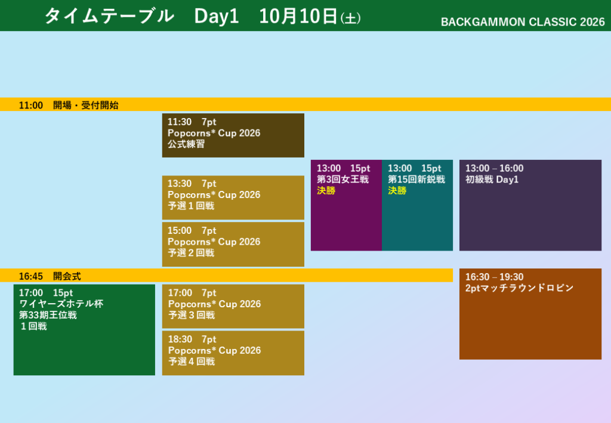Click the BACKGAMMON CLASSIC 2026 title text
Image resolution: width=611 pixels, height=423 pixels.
tap(523, 22)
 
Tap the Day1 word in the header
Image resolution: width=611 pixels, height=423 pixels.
tap(216, 16)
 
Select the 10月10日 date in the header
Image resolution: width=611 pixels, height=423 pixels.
tap(298, 16)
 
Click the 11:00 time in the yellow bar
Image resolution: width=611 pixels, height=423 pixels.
tap(31, 105)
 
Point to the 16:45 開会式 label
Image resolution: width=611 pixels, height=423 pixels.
tap(50, 276)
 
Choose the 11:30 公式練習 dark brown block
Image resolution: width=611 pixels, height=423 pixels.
tap(233, 135)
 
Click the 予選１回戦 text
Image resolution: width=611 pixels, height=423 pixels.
tap(191, 206)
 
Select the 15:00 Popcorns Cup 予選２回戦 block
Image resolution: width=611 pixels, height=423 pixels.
tap(233, 244)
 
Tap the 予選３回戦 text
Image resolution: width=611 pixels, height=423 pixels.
tap(192, 315)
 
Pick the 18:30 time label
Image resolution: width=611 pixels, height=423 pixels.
tap(180, 339)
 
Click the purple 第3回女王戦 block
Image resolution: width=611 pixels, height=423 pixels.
tap(347, 205)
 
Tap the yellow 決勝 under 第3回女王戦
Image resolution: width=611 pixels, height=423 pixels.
tap(326, 190)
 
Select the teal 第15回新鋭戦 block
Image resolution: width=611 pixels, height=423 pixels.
tap(417, 205)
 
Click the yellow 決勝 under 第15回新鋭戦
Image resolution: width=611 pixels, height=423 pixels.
tap(397, 190)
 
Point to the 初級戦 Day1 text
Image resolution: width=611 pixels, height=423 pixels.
tap(492, 179)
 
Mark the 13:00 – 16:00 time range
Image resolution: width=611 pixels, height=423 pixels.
tap(495, 168)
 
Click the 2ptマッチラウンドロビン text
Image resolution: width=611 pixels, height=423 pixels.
tap(520, 288)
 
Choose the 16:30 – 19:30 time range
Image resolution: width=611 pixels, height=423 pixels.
tap(495, 277)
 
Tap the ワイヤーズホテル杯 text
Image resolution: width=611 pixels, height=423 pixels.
tap(61, 304)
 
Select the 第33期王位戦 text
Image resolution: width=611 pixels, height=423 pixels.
tap(48, 315)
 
